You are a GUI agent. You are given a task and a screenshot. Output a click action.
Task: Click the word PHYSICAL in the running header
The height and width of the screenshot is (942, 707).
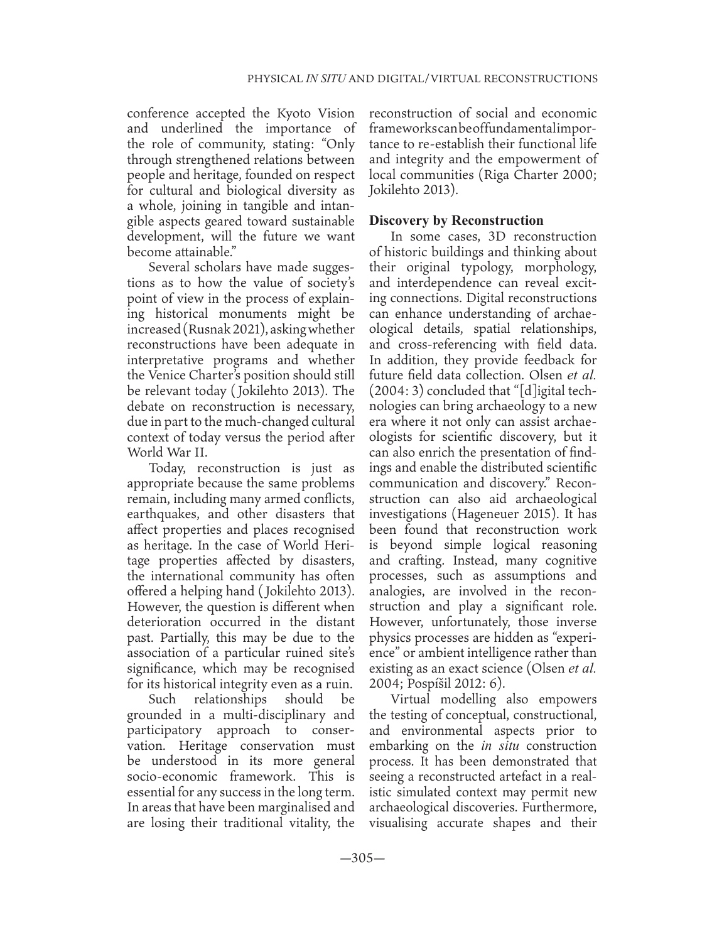click(x=274, y=79)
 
